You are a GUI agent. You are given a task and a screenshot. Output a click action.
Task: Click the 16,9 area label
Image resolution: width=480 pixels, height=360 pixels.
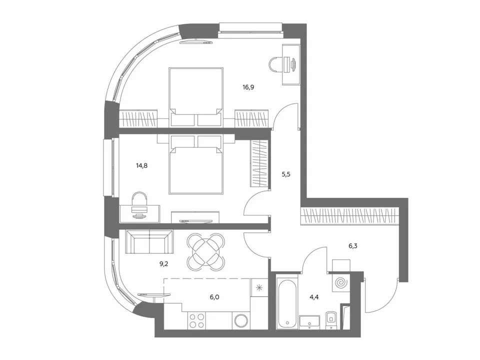(248, 87)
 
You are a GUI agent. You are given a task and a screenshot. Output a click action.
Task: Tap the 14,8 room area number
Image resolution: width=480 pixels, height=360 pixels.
(141, 166)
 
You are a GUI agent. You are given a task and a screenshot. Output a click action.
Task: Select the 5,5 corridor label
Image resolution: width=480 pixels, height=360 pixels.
(286, 174)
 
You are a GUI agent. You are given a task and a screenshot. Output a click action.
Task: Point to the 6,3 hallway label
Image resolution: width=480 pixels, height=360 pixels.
(353, 246)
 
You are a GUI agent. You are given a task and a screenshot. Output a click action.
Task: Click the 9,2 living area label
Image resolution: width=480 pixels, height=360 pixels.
(164, 264)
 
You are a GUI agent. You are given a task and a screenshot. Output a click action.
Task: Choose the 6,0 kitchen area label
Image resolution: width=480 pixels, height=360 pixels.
(214, 297)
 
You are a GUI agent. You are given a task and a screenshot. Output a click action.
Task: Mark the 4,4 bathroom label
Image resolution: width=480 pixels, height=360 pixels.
(314, 297)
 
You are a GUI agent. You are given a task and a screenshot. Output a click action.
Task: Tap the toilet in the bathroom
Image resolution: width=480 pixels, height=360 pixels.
(331, 320)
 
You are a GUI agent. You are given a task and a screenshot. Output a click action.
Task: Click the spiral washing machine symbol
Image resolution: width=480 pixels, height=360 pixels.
(340, 283)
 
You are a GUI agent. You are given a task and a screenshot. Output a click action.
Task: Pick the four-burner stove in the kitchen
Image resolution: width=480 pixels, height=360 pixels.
(196, 321)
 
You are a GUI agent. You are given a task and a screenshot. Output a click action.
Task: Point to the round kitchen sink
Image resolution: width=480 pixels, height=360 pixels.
(242, 321)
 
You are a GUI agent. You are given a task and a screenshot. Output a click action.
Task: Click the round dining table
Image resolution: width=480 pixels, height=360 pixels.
(206, 252)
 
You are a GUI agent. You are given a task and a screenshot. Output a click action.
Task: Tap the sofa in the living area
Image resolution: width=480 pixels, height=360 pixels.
(149, 242)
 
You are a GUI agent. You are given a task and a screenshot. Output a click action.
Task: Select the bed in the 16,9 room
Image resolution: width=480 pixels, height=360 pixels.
(196, 96)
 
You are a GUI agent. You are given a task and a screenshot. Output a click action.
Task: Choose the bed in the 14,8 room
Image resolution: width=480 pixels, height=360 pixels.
(196, 164)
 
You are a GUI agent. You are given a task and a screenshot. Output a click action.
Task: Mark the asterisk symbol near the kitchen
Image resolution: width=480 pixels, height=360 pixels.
(259, 287)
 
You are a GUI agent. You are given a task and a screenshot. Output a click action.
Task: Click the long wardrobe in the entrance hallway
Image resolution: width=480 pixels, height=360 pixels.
(350, 216)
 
